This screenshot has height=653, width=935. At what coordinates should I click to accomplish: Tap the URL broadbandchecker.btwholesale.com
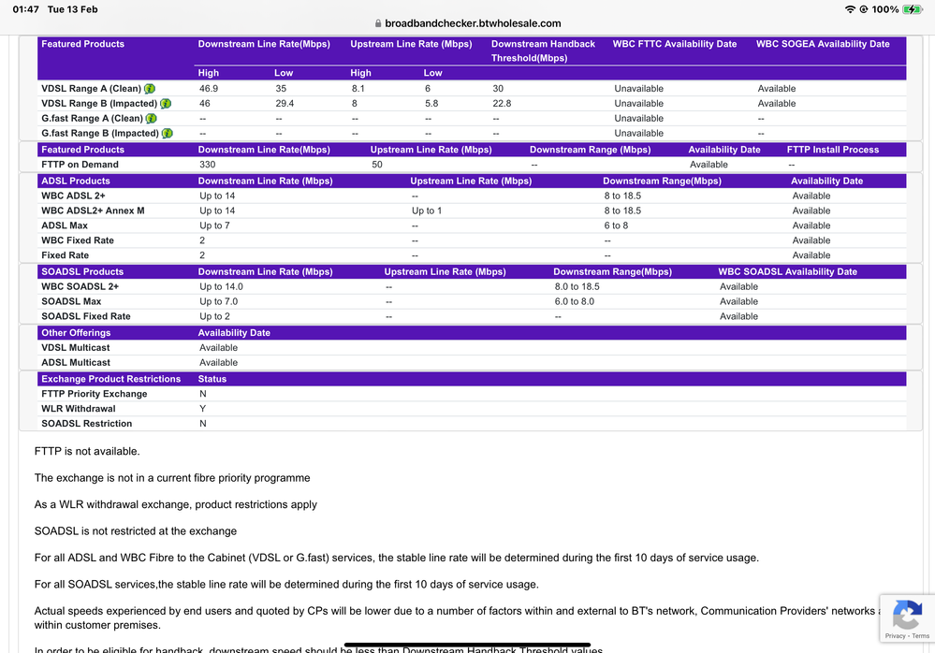coord(473,23)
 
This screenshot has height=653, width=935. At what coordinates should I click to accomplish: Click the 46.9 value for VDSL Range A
coord(210,89)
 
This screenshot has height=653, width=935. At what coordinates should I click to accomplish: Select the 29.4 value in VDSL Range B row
coord(285,104)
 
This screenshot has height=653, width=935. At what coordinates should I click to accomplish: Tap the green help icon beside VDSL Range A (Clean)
coord(150,89)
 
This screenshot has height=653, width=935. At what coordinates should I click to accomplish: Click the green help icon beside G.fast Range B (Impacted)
coord(168,134)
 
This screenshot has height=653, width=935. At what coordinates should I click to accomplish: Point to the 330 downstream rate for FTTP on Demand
coord(207,165)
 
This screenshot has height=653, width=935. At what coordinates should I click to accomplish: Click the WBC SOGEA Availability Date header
coord(823,44)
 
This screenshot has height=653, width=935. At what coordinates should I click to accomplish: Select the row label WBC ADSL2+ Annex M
coord(93,210)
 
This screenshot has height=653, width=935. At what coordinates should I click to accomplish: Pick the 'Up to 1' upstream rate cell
coord(428,210)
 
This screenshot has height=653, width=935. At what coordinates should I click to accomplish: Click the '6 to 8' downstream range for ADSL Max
coord(616,225)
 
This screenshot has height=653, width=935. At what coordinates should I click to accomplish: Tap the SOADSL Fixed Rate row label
coord(86,316)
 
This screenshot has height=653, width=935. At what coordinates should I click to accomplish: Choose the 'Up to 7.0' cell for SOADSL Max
coord(218,301)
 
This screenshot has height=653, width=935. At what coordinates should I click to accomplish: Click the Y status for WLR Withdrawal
coord(202,409)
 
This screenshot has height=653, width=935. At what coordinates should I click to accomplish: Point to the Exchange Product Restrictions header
coord(110,379)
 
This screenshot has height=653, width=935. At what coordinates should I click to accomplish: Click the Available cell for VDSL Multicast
coord(218,348)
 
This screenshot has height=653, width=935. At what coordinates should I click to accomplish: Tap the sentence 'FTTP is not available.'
coord(87,451)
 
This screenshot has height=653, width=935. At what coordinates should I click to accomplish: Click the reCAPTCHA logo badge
coord(906,616)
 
